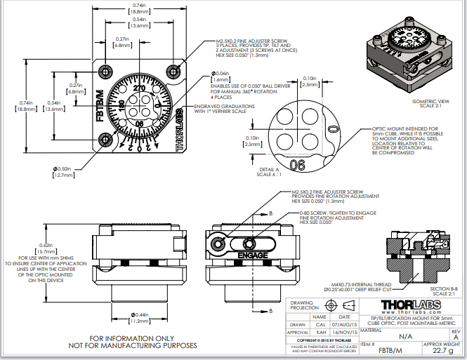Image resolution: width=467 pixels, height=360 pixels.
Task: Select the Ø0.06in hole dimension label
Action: (222, 74)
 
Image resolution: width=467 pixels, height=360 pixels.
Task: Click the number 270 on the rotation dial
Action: (138, 89)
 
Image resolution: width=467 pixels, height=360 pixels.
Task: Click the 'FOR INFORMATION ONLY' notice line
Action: (132, 338)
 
